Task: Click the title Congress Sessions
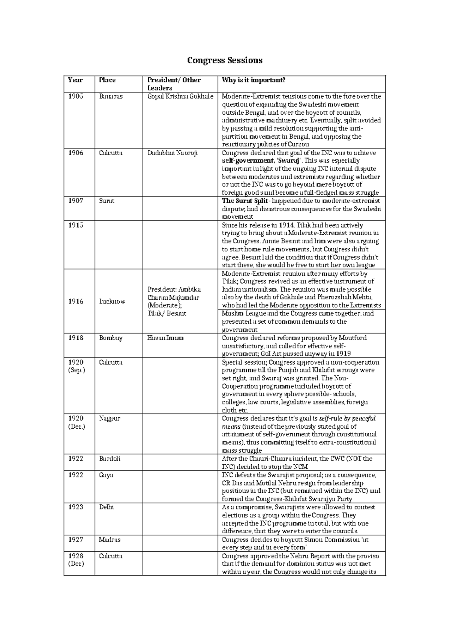click(x=225, y=60)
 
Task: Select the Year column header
click(x=75, y=80)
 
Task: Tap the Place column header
click(x=107, y=80)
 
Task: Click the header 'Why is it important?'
click(x=253, y=80)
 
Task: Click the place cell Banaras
click(x=111, y=96)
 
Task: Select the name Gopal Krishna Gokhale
click(x=180, y=96)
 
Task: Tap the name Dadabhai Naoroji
click(x=172, y=153)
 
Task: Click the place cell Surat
click(x=106, y=201)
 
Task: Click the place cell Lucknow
click(x=112, y=301)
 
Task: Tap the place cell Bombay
click(x=111, y=338)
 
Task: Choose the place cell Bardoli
click(x=109, y=459)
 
